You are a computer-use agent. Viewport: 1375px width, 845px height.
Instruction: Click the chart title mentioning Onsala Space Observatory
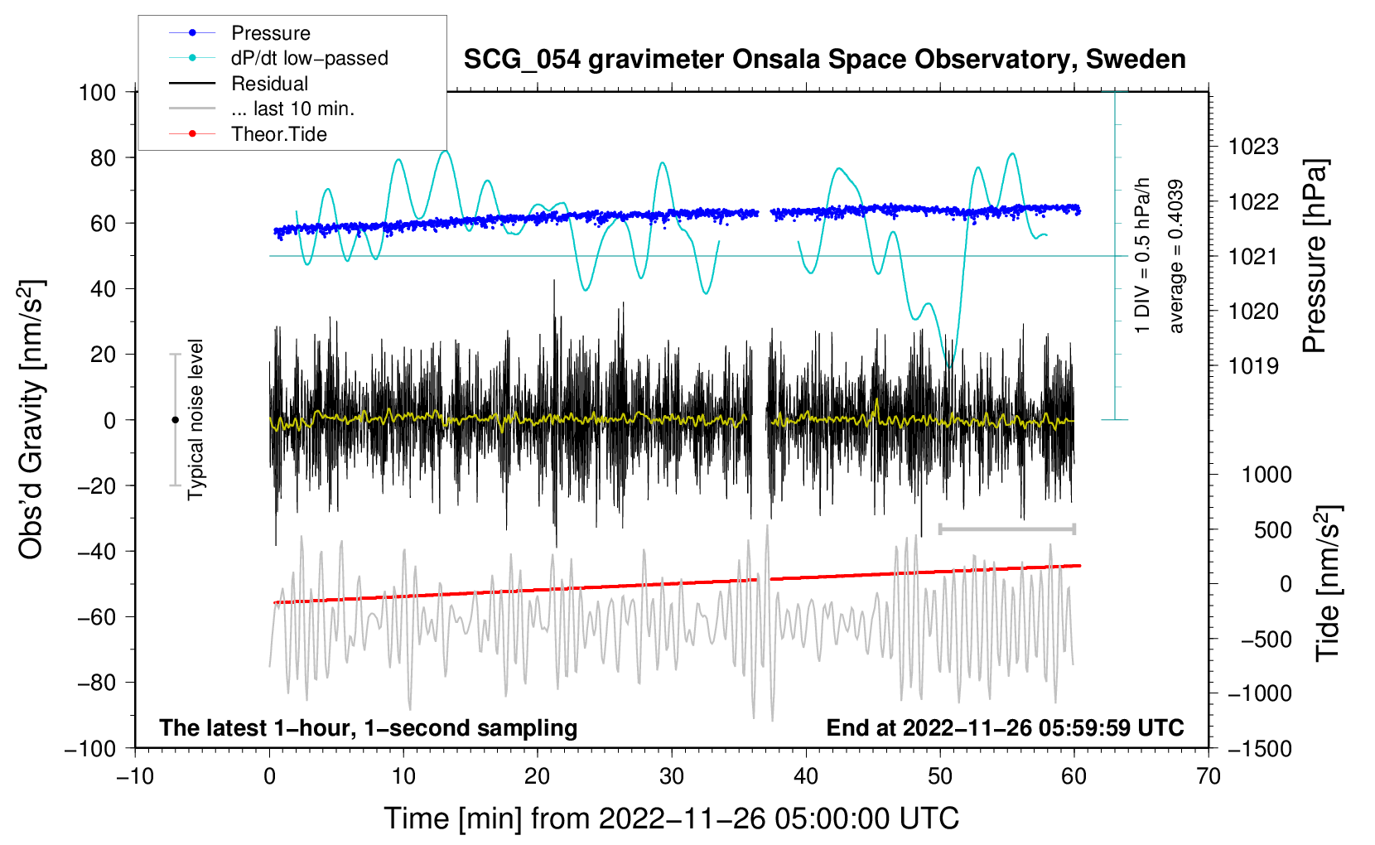(x=824, y=60)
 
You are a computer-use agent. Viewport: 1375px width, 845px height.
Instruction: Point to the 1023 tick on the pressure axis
(x=1253, y=147)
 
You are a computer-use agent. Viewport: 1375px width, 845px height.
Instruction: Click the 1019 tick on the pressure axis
(x=1253, y=366)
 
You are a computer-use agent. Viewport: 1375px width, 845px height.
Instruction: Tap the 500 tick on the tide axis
(x=1272, y=529)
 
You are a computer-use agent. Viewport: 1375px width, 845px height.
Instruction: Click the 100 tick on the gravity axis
(x=97, y=93)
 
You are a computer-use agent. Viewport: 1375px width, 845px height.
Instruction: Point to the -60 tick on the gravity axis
(x=96, y=616)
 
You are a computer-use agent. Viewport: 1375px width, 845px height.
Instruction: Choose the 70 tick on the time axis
(x=1208, y=776)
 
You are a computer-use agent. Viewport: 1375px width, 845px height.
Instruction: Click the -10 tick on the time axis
(x=135, y=776)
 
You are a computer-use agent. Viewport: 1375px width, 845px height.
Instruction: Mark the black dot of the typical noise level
(x=175, y=420)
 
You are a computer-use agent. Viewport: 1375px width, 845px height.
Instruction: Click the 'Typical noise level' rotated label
(x=195, y=420)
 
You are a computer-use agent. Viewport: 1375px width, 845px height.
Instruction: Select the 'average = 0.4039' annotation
(x=1175, y=257)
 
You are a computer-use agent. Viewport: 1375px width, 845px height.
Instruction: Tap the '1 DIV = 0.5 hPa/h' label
(x=1141, y=256)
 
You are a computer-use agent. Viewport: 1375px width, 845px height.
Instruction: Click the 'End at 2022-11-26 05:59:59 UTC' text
(x=1005, y=727)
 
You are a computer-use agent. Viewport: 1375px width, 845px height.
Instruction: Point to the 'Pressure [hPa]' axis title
(x=1315, y=257)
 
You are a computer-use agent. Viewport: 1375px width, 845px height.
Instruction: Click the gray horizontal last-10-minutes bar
(x=1006, y=529)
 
